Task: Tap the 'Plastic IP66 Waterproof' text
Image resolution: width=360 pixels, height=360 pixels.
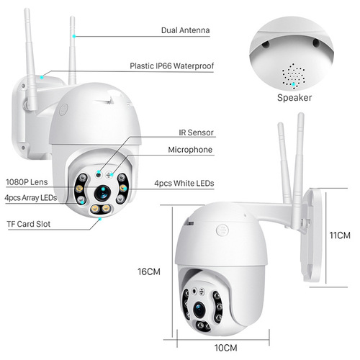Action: click(x=171, y=66)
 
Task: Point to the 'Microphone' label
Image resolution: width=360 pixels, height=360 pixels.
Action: click(x=190, y=150)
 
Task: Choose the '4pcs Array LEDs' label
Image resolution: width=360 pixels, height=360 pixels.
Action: click(x=30, y=197)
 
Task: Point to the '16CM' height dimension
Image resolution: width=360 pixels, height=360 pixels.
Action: click(x=148, y=271)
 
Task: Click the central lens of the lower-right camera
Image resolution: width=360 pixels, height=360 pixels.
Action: click(x=199, y=308)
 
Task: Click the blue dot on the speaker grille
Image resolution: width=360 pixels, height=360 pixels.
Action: click(x=294, y=83)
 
